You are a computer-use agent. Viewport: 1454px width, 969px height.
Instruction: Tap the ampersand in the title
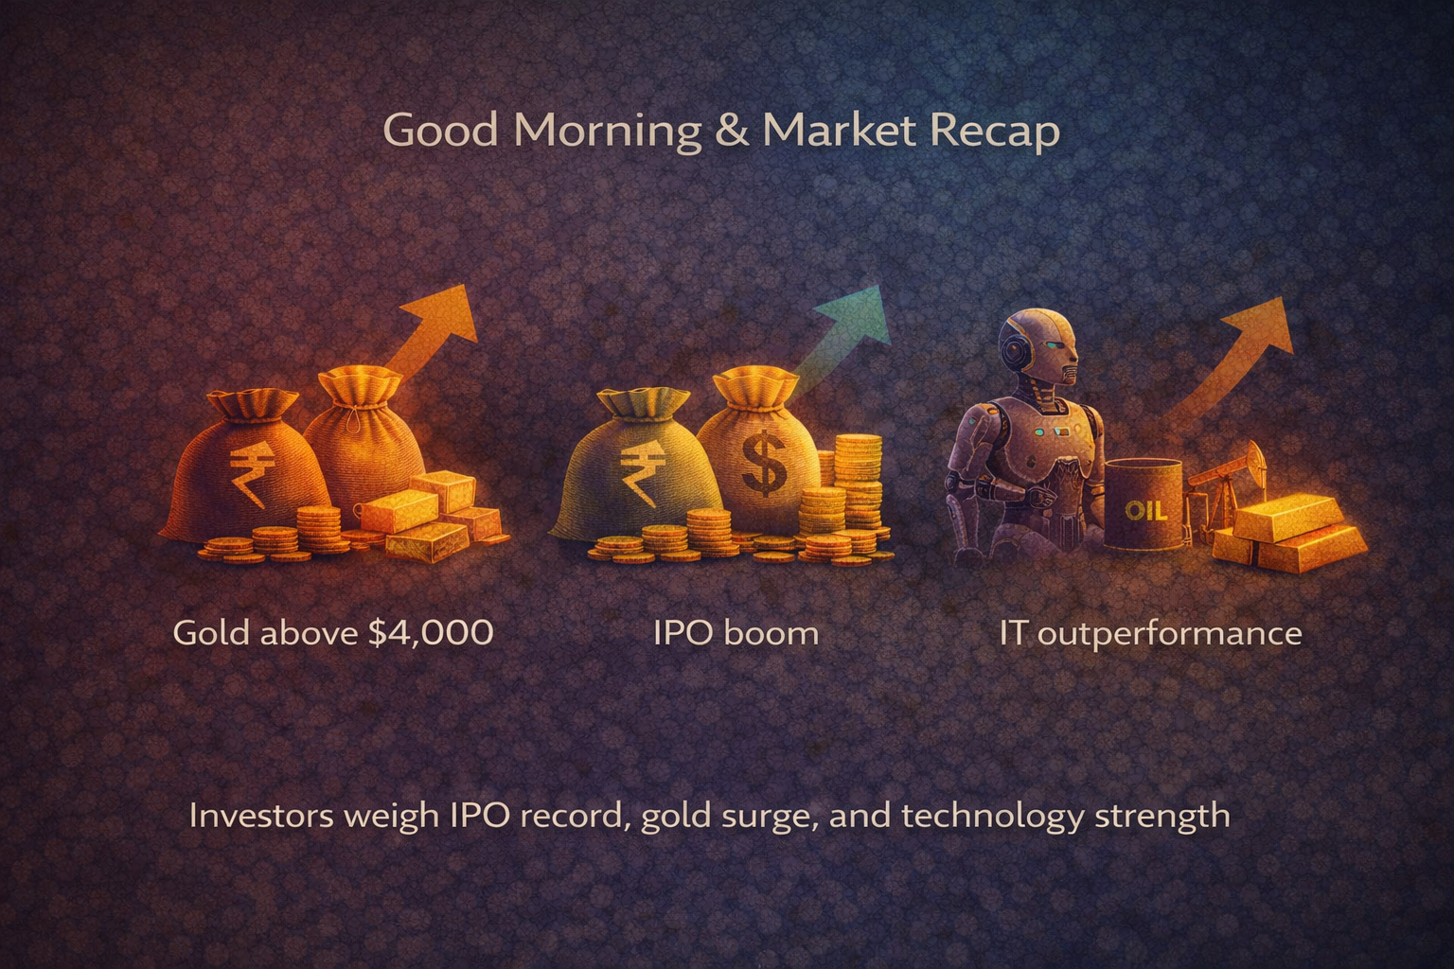pos(732,130)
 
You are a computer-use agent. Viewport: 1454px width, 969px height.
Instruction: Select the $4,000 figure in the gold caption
pos(430,631)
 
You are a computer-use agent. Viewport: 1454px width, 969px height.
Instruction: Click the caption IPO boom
pos(736,631)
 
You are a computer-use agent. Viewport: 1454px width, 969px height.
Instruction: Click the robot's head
pos(1040,350)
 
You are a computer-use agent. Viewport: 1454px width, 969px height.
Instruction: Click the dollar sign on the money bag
pos(762,463)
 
